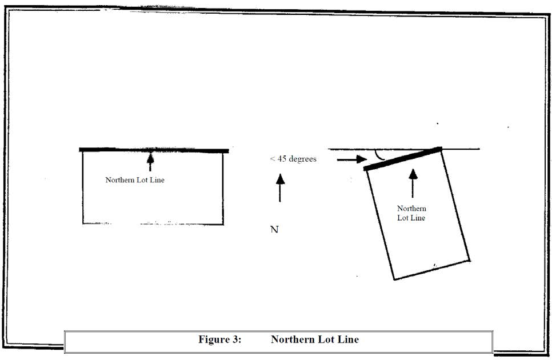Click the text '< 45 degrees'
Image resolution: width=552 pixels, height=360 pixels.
(x=293, y=159)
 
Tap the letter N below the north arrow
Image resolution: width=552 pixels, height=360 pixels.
(x=274, y=230)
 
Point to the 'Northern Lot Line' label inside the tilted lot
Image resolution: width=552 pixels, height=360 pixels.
(x=411, y=213)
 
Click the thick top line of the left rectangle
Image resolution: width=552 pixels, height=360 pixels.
(x=154, y=150)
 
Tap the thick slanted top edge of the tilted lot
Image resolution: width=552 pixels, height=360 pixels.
(x=402, y=159)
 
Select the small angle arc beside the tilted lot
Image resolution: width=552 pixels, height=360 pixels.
(x=378, y=155)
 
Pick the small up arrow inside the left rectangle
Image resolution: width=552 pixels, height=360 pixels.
(x=150, y=161)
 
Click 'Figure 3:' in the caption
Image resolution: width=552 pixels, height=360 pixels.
(x=220, y=339)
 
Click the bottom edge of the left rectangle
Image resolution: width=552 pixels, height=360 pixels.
(x=153, y=223)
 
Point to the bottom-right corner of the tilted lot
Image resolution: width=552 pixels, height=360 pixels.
(x=469, y=259)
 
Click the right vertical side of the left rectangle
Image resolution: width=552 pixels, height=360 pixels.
(x=222, y=189)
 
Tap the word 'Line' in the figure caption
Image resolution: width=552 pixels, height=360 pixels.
(x=348, y=339)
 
